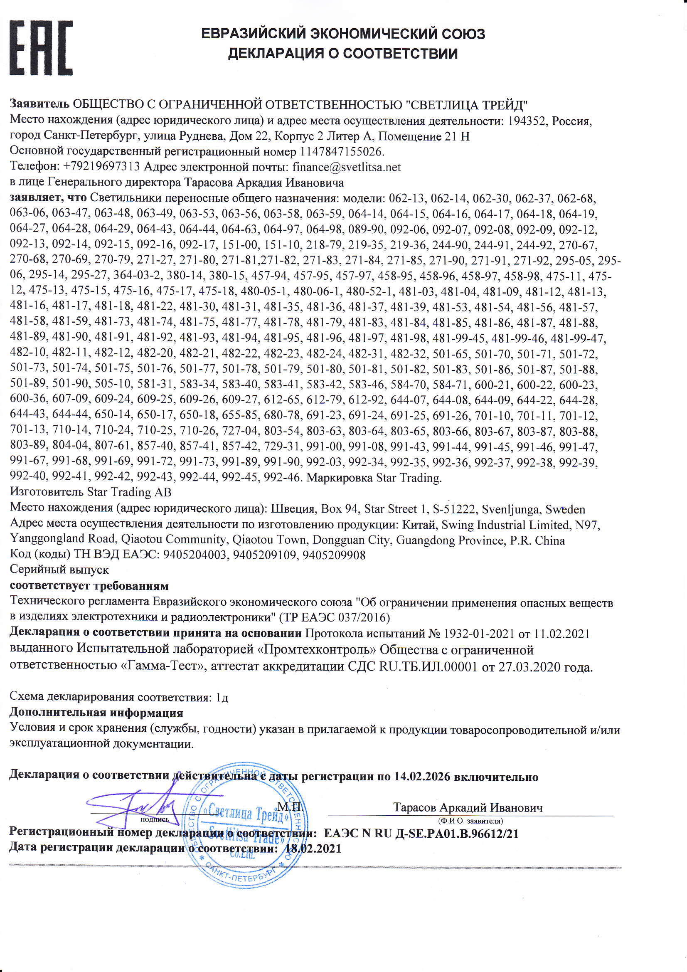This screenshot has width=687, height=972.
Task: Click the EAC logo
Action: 41,48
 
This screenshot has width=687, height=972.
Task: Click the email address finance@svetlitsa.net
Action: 346,167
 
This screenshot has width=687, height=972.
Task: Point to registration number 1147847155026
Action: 341,152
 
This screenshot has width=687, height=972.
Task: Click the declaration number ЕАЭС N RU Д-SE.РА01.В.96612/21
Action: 421,834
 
